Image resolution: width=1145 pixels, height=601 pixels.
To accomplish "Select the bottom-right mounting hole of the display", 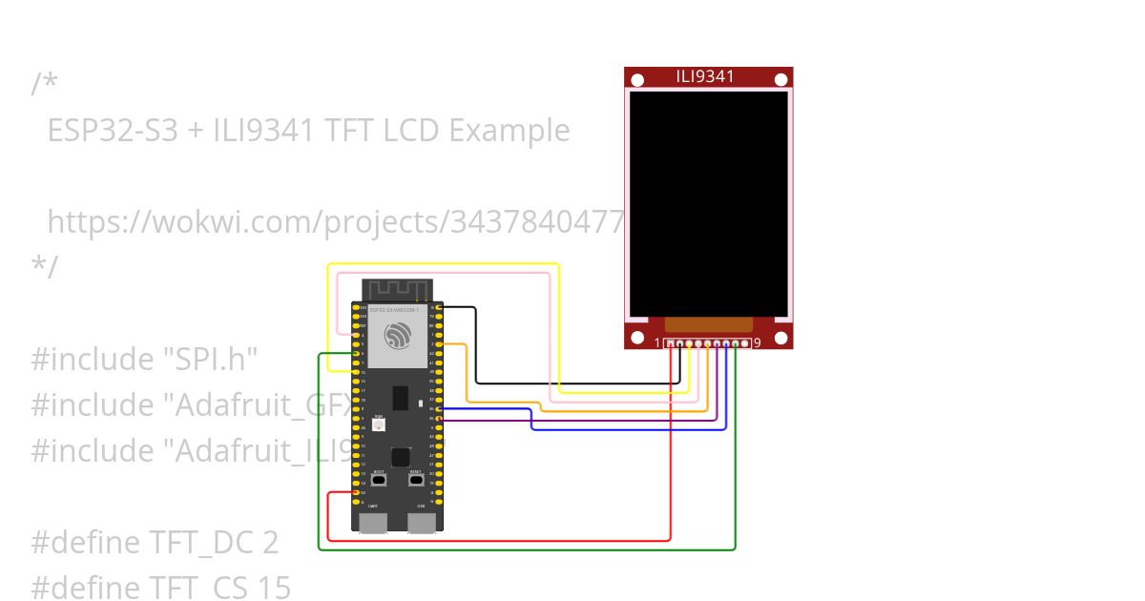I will (x=781, y=337).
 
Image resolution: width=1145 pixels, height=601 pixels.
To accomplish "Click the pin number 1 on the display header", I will (x=656, y=342).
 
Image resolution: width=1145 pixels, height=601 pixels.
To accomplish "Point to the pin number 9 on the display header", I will (x=757, y=342).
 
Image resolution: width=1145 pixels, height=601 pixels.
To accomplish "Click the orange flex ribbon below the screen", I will (x=708, y=324).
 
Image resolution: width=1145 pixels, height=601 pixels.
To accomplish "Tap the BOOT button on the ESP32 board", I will (x=379, y=481).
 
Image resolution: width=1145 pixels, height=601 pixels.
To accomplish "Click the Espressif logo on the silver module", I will (x=399, y=336).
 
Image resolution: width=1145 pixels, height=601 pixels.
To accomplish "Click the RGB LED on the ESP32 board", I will (x=379, y=426).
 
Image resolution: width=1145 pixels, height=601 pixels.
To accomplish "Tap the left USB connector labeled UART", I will (x=373, y=522).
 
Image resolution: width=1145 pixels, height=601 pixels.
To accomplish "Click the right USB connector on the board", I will (x=422, y=522).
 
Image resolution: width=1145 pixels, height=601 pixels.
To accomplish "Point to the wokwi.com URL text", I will (x=334, y=222).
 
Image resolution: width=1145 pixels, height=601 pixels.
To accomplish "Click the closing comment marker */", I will (x=44, y=266).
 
